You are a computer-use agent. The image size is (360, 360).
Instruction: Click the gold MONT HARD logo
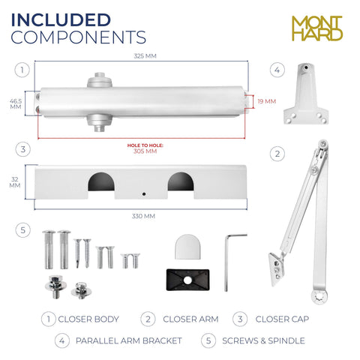pyautogui.click(x=317, y=28)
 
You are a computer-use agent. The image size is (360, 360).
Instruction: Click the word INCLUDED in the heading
pyautogui.click(x=61, y=20)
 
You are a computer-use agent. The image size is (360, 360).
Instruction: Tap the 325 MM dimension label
pyautogui.click(x=145, y=56)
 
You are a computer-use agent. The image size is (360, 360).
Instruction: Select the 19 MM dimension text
pyautogui.click(x=267, y=101)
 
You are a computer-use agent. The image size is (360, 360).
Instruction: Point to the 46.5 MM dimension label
pyautogui.click(x=16, y=104)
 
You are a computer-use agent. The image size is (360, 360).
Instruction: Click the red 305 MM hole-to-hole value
pyautogui.click(x=145, y=151)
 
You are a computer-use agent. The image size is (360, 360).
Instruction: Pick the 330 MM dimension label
pyautogui.click(x=143, y=216)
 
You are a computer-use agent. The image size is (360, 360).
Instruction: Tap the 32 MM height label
pyautogui.click(x=15, y=182)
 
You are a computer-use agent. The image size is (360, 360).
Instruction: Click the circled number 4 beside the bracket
pyautogui.click(x=277, y=70)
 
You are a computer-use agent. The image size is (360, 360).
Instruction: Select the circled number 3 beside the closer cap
pyautogui.click(x=23, y=149)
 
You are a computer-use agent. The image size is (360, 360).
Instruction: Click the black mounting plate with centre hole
pyautogui.click(x=187, y=280)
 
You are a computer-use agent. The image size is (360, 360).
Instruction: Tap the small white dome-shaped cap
pyautogui.click(x=187, y=247)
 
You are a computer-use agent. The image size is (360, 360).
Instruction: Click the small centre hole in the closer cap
pyautogui.click(x=144, y=194)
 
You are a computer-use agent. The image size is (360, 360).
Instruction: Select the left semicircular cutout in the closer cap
pyautogui.click(x=101, y=181)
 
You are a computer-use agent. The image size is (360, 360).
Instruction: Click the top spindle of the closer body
pyautogui.click(x=100, y=79)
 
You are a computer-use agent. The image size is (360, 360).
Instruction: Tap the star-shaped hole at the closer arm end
pyautogui.click(x=319, y=297)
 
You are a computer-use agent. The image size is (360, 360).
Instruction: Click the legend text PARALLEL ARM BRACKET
pyautogui.click(x=129, y=340)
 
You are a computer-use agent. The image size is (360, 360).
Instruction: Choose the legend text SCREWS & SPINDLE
pyautogui.click(x=263, y=340)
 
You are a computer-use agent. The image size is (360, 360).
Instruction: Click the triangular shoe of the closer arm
pyautogui.click(x=277, y=269)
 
